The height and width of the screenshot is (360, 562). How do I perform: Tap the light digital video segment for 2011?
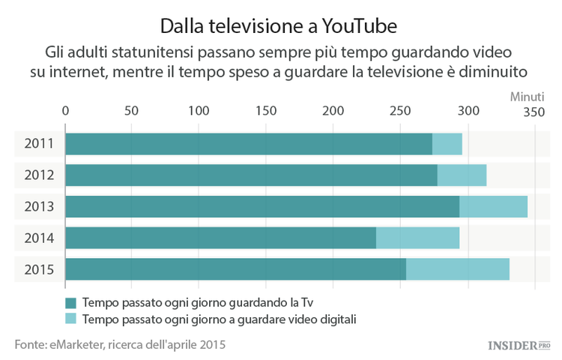point(447,143)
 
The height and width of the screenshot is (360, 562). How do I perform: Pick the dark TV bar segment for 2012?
point(251,175)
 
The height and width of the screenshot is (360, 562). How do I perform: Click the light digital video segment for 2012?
point(462,175)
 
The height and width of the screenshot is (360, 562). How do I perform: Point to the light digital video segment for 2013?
point(493,206)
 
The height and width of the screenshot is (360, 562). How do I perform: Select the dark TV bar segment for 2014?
point(220,238)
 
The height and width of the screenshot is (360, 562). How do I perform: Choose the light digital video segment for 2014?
point(417,238)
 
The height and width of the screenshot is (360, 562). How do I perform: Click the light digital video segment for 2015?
point(458,269)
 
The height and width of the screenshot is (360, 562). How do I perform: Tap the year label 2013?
point(38,206)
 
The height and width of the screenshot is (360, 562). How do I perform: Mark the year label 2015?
point(38,269)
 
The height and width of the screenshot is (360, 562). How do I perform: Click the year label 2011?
point(38,143)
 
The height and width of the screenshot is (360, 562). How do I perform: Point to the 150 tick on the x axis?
point(265,111)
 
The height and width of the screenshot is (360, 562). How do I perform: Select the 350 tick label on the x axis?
point(534,111)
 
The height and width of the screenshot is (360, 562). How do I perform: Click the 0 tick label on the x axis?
point(66,111)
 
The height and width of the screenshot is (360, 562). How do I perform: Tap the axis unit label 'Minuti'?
point(528,97)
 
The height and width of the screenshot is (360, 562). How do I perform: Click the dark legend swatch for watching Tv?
point(71,303)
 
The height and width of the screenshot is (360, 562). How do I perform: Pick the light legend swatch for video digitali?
point(71,319)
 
